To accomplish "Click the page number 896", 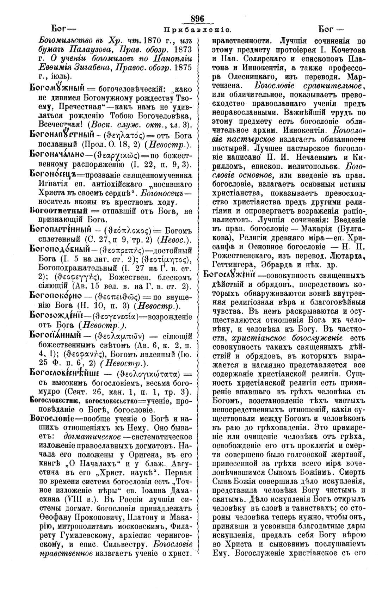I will [197, 18].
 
